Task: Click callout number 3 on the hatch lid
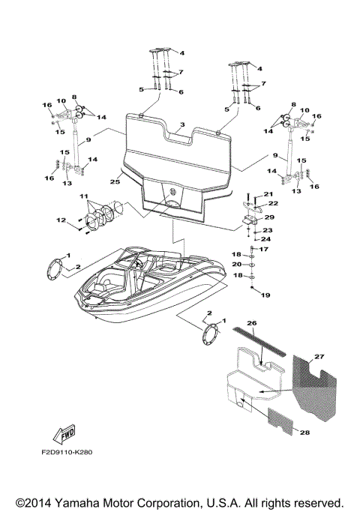[181, 124]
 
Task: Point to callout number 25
[115, 181]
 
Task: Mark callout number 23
[267, 230]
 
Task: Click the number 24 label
[265, 240]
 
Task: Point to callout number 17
[263, 249]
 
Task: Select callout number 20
[236, 265]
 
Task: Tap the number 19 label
[264, 295]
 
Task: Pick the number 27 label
[320, 358]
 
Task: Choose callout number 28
[304, 433]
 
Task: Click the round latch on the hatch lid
[172, 191]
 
